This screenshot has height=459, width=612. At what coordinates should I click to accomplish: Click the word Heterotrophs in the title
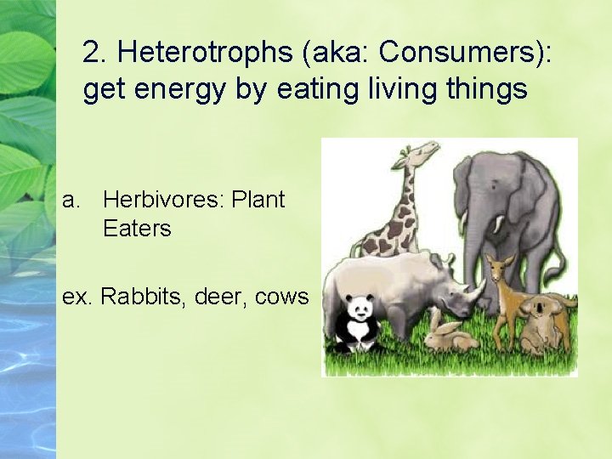(x=205, y=53)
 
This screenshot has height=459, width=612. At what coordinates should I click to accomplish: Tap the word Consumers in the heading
(x=460, y=53)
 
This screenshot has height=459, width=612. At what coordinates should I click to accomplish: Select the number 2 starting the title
(x=90, y=53)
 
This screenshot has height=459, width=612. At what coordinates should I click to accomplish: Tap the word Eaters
(x=137, y=228)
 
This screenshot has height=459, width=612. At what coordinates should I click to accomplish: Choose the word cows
(x=283, y=297)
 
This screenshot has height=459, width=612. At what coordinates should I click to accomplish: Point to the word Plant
(x=258, y=201)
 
